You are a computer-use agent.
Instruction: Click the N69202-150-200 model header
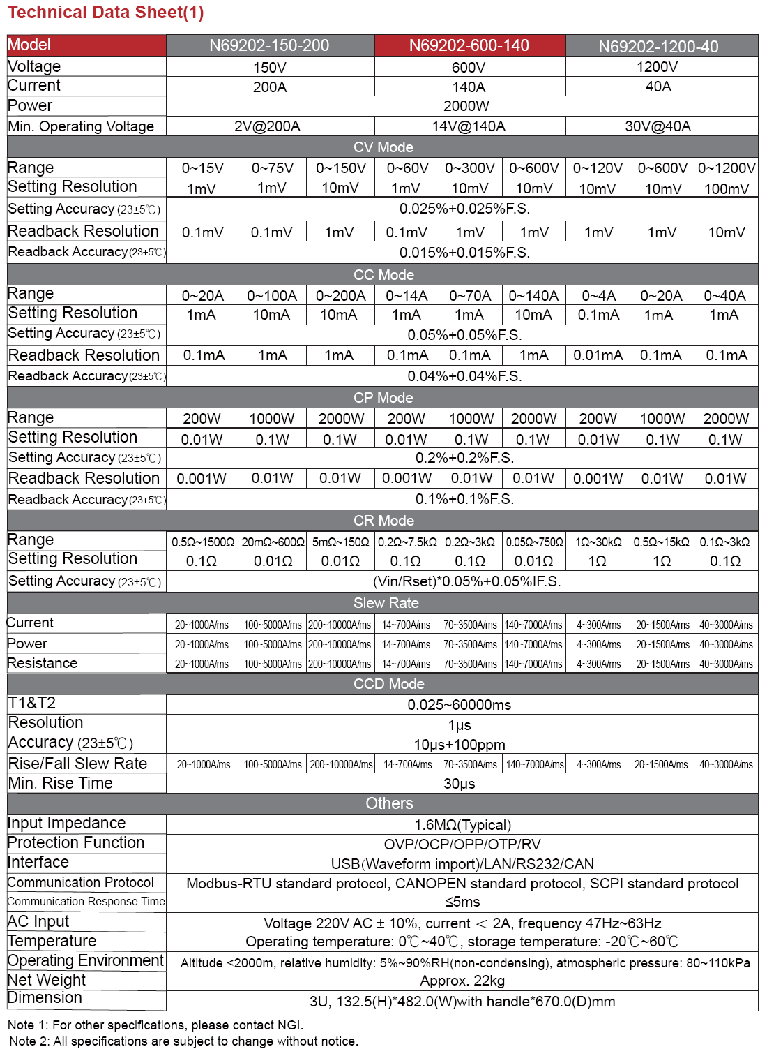coord(269,45)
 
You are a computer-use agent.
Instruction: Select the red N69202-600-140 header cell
coord(469,45)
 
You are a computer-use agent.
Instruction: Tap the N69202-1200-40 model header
coord(658,46)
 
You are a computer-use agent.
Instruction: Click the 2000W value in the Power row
coord(466,106)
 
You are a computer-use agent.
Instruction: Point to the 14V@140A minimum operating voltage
coord(469,126)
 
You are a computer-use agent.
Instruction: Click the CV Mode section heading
coord(383,147)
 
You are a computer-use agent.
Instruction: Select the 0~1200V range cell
coord(727,168)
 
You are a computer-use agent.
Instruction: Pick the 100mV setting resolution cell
coord(727,188)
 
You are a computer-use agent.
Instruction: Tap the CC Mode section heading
coord(383,275)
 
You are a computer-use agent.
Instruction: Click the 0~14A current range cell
coord(407,296)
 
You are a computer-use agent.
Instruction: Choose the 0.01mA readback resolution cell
coord(598,355)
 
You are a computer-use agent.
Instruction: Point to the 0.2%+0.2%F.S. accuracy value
coord(464,458)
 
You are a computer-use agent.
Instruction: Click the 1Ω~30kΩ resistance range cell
coord(598,542)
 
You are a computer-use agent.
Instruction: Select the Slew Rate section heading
coord(386,603)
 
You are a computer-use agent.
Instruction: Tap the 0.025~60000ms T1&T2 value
coord(460,705)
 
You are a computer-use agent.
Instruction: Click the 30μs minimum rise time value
coord(460,784)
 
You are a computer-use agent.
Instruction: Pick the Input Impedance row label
coord(67,824)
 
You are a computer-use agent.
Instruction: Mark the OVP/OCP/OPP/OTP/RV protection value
coord(462,845)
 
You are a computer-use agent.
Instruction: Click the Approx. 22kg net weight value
coord(462,981)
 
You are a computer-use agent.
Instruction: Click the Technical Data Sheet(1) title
coord(106,13)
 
